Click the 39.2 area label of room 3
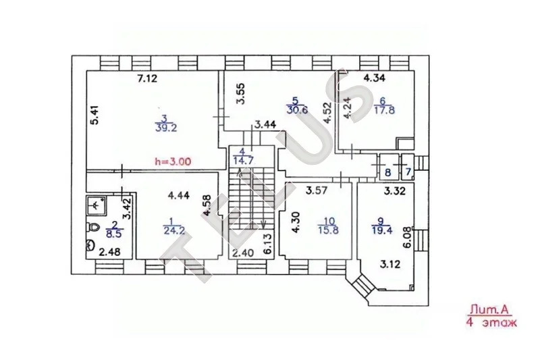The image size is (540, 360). (166, 128)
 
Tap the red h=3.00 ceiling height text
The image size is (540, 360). (173, 161)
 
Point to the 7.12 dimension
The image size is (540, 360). (147, 79)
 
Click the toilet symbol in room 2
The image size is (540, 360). (92, 227)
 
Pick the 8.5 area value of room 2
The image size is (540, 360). (115, 234)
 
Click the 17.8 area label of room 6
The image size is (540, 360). (384, 110)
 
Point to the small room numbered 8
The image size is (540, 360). (388, 167)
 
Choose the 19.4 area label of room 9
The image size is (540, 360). (382, 230)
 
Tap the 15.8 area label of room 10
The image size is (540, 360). (328, 230)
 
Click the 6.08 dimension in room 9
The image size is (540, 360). (408, 237)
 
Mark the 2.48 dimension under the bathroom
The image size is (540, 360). (109, 253)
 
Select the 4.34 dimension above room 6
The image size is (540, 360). (375, 78)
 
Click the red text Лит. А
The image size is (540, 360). (489, 310)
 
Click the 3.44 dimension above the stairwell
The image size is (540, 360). (265, 125)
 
